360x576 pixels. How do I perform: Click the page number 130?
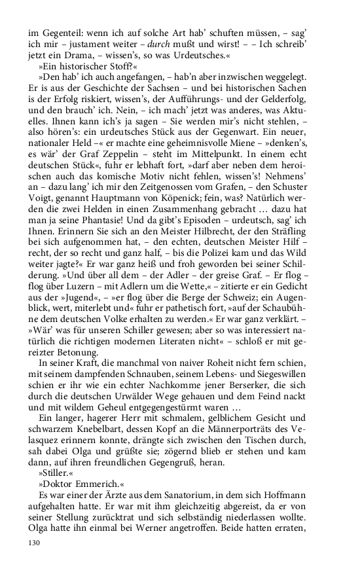coord(33,543)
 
